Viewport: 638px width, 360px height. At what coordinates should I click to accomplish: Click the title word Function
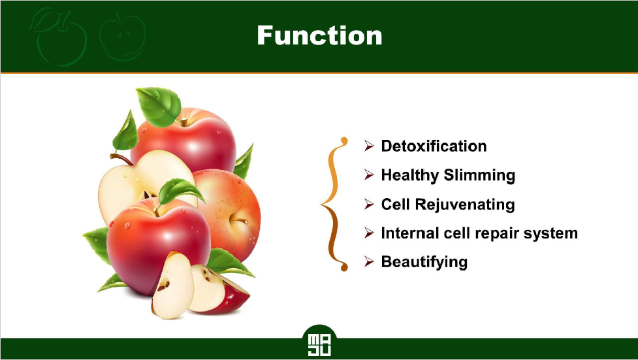tap(319, 35)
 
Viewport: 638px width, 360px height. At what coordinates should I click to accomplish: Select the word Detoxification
tap(434, 146)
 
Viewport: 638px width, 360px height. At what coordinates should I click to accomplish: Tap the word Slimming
tap(479, 176)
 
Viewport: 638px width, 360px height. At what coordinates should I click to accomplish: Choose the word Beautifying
tap(424, 262)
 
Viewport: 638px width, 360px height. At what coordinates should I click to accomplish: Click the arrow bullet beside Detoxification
tap(369, 146)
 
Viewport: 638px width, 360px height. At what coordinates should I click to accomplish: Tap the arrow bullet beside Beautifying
tap(369, 261)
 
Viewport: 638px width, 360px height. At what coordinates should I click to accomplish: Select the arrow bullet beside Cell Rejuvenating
tap(369, 204)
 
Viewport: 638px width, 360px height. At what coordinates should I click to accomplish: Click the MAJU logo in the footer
tap(319, 345)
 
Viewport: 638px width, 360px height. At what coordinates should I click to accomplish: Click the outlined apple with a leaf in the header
tap(59, 37)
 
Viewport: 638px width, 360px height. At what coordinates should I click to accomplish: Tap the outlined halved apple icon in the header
tap(123, 37)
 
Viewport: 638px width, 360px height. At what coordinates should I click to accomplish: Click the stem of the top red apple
tap(184, 122)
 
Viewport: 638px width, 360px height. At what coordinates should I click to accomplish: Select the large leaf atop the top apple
tap(159, 106)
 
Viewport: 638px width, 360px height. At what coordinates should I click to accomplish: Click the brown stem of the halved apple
tap(121, 158)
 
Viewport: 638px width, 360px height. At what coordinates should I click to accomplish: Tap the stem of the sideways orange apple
tap(239, 220)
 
